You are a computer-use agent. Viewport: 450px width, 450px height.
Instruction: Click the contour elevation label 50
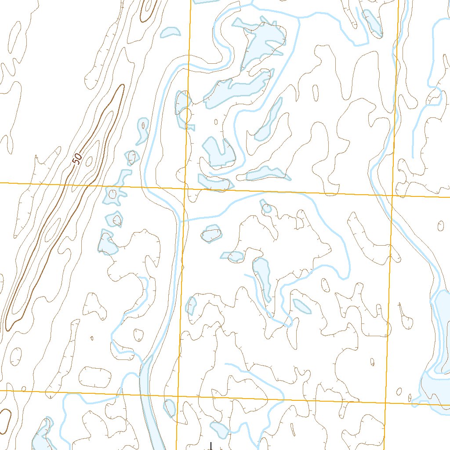[x=77, y=159]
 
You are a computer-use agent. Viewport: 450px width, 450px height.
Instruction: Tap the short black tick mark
[x=211, y=446]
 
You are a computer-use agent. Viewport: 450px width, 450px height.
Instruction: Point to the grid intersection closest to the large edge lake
[x=385, y=403]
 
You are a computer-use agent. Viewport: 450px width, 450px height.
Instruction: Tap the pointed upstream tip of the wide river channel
[x=151, y=357]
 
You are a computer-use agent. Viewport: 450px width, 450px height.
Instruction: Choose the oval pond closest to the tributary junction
[x=212, y=234]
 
